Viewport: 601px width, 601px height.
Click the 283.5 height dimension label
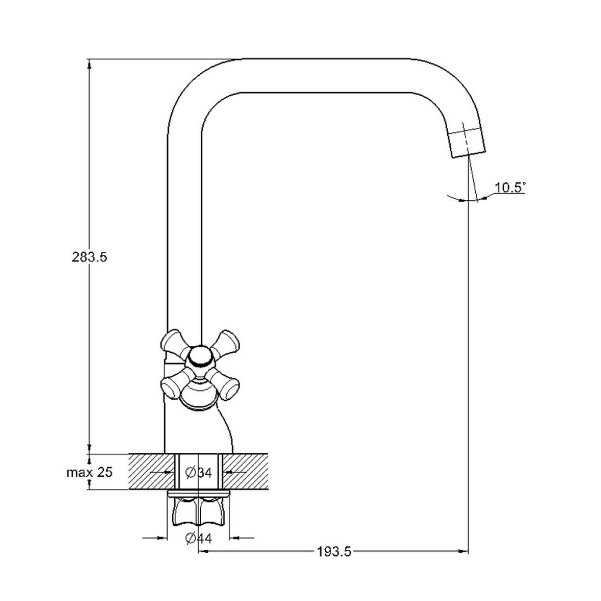point(90,257)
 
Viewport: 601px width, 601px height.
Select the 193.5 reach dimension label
point(334,552)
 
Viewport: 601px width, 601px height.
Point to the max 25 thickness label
point(90,472)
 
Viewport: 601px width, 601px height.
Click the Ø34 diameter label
point(198,472)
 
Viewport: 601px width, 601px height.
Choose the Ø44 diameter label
point(198,538)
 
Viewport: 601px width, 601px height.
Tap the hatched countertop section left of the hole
point(152,472)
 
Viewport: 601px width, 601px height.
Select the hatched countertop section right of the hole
point(245,472)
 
